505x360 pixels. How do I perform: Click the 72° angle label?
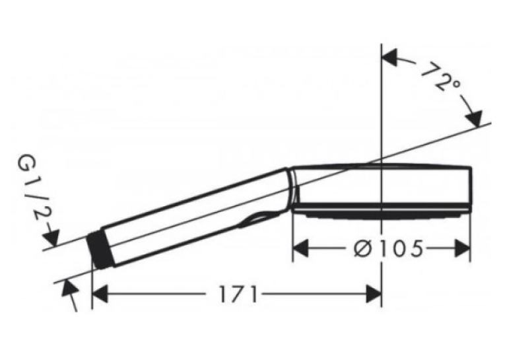point(440,78)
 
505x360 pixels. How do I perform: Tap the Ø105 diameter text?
point(387,249)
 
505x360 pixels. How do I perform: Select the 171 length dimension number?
point(238,294)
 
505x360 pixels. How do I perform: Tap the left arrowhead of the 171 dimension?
point(100,293)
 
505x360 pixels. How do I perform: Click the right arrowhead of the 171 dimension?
point(374,293)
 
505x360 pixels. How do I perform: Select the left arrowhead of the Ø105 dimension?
point(300,248)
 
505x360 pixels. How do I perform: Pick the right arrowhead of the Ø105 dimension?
point(463,248)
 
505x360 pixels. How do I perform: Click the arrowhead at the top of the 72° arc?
point(389,58)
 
